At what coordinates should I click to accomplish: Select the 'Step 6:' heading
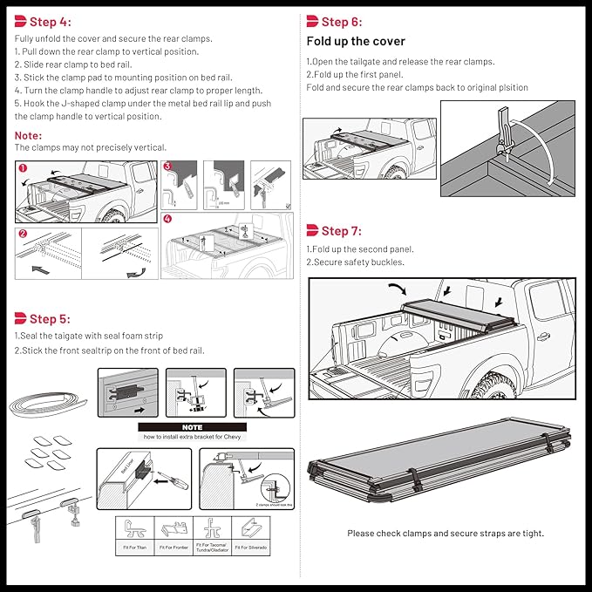[341, 23]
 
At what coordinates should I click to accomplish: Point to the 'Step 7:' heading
[341, 231]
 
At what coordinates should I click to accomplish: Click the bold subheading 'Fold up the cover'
[356, 42]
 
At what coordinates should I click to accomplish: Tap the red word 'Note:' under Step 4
[28, 135]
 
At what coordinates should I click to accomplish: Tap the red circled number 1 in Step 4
[24, 167]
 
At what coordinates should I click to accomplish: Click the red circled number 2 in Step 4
[24, 234]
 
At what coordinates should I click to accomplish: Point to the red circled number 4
[167, 221]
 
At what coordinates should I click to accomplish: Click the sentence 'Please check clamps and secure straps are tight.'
[445, 534]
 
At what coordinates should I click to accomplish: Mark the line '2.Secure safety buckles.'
[355, 262]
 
